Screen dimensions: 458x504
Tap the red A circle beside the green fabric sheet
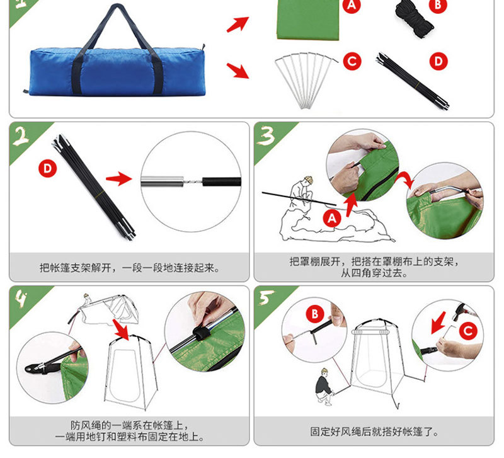[x=352, y=6]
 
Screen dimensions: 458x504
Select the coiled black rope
[x=414, y=15]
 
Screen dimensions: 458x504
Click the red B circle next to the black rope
[x=438, y=5]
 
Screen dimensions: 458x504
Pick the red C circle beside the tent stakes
[x=352, y=61]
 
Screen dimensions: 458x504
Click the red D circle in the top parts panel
[x=438, y=61]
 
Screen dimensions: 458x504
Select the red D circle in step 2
[x=47, y=168]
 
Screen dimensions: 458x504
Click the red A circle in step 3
[x=332, y=218]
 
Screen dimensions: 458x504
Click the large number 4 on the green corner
[x=23, y=300]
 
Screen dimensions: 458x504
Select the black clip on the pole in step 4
[x=202, y=332]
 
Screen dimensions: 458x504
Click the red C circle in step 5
[x=467, y=329]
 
